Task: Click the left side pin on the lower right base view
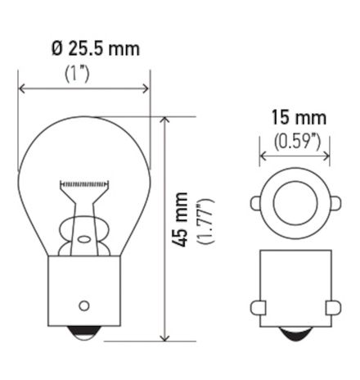coord(258,306)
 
